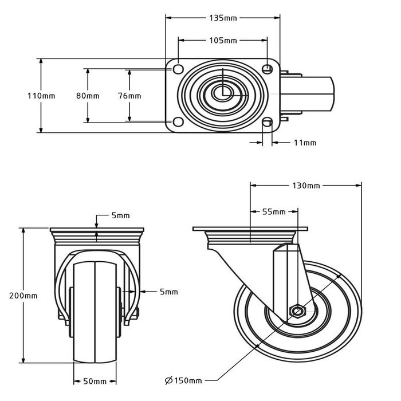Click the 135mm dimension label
tap(222, 18)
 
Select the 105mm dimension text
tap(222, 41)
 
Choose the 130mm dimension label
tap(306, 186)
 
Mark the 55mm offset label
tap(274, 212)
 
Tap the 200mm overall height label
tap(23, 296)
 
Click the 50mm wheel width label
tap(95, 381)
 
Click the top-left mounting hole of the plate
tap(178, 69)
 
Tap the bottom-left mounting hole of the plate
tap(178, 122)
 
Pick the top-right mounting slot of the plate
tap(267, 69)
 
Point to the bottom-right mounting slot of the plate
tap(267, 122)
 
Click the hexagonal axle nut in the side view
tap(297, 311)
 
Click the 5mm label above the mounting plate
tap(120, 215)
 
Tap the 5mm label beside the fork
tap(168, 292)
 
